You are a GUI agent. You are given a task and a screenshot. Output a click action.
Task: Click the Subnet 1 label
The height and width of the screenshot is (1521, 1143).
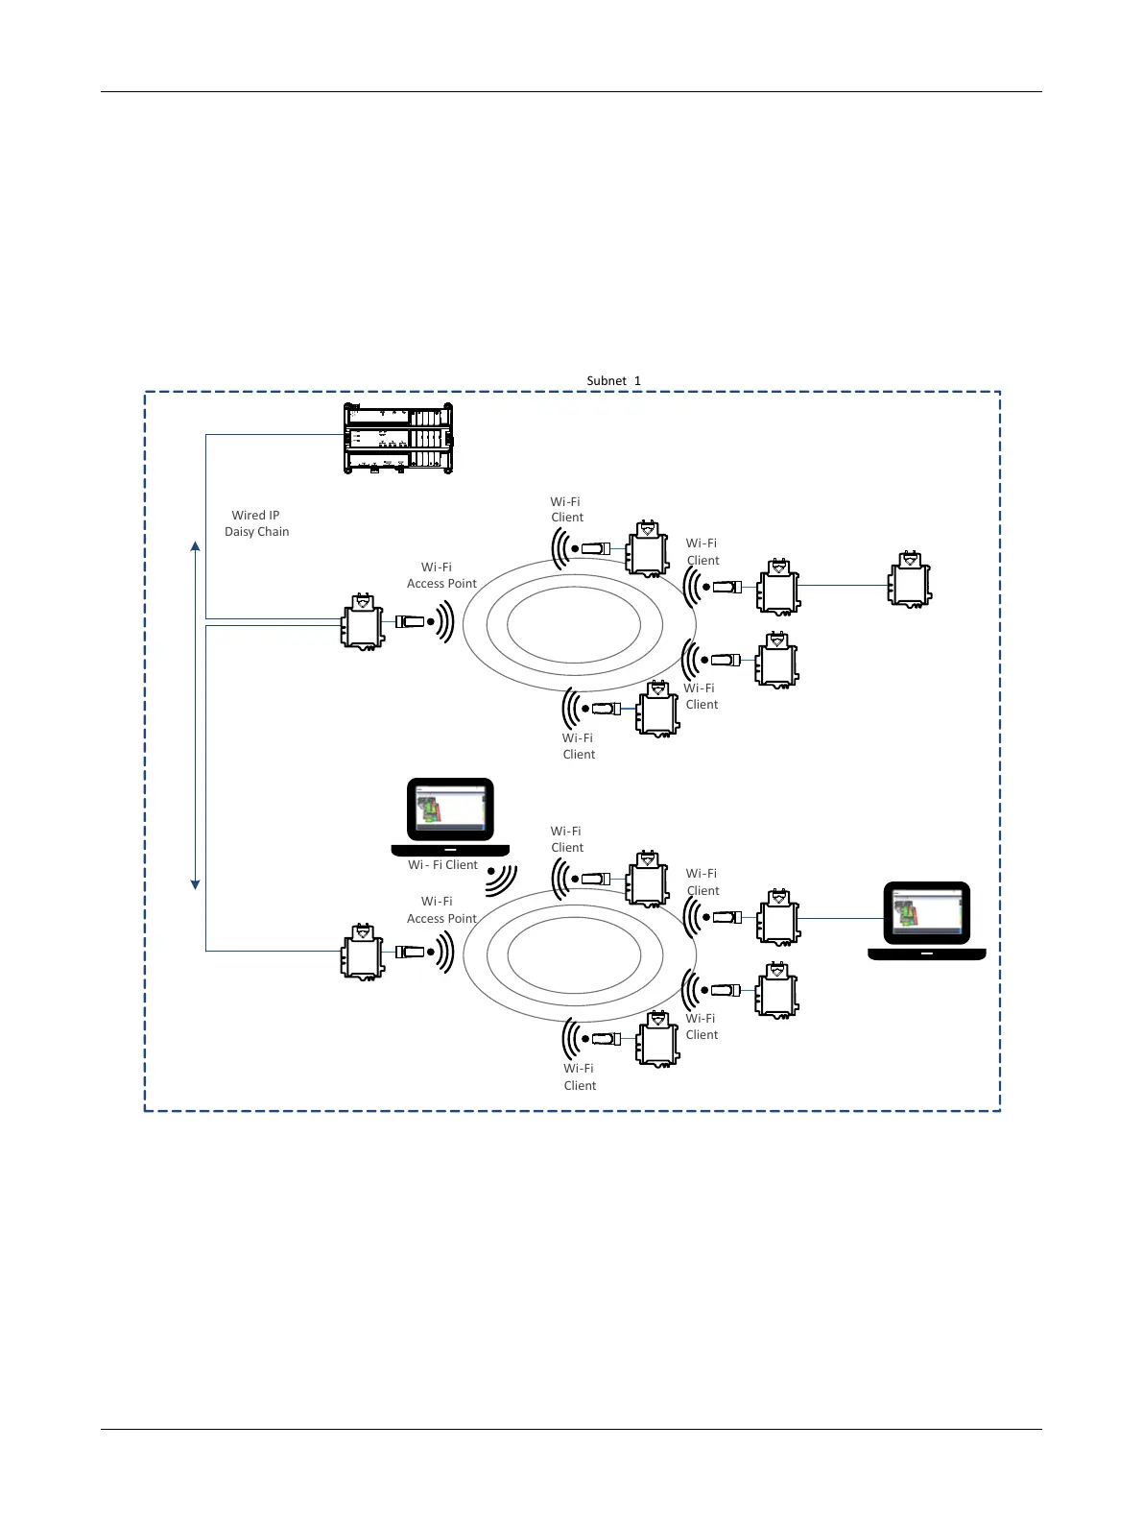613,381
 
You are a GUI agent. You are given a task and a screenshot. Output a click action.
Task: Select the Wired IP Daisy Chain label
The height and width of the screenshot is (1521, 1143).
256,523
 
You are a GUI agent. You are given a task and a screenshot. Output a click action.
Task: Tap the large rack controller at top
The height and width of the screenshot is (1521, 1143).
397,439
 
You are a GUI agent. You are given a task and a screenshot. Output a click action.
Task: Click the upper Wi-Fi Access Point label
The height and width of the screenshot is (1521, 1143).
441,575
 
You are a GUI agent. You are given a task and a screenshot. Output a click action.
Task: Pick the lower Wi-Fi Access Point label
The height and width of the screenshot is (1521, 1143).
441,909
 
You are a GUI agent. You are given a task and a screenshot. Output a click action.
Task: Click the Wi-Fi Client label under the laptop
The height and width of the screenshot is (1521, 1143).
442,865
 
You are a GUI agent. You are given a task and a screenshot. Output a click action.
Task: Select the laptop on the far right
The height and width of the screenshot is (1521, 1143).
926,920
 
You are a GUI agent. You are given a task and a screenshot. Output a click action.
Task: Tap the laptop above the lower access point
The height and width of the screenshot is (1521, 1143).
450,816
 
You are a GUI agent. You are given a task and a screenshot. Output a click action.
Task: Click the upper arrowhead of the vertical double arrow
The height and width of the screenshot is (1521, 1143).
196,546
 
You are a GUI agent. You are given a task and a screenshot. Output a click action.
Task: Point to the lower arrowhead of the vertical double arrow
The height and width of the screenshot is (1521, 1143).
196,883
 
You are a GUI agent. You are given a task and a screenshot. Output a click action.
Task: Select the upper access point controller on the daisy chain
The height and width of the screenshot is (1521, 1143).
363,622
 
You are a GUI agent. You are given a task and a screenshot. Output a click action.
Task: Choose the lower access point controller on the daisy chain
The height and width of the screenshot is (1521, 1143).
363,952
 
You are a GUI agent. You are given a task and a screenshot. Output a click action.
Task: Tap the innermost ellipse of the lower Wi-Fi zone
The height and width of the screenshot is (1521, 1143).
573,954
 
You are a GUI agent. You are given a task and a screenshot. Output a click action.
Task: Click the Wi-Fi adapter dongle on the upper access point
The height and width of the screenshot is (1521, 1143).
410,621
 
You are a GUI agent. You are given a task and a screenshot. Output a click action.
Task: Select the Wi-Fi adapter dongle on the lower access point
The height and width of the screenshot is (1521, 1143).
410,952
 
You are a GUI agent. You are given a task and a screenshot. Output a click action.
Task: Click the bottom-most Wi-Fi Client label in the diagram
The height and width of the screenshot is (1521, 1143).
580,1076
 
